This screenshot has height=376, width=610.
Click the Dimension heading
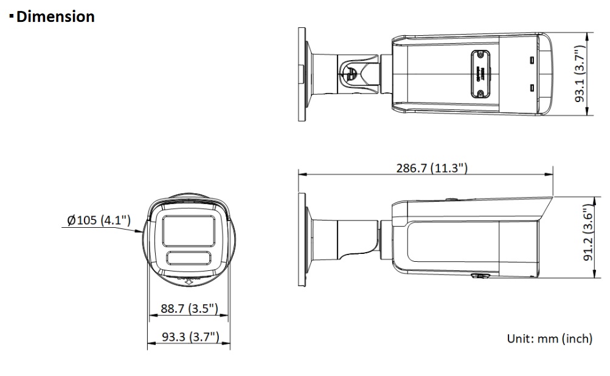click(x=55, y=16)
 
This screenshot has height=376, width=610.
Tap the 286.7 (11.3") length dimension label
click(x=432, y=168)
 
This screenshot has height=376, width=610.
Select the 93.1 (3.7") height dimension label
click(x=580, y=73)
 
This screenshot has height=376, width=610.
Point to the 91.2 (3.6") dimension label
click(x=588, y=233)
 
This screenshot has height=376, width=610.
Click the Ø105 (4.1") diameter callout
click(x=99, y=220)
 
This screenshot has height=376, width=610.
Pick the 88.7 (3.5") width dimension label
click(x=190, y=309)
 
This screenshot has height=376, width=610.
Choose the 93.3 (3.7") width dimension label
click(x=190, y=337)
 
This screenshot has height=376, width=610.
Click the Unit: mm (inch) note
click(x=550, y=338)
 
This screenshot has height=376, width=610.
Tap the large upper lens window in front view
click(x=189, y=231)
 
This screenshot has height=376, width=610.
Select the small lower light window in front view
click(x=189, y=258)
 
